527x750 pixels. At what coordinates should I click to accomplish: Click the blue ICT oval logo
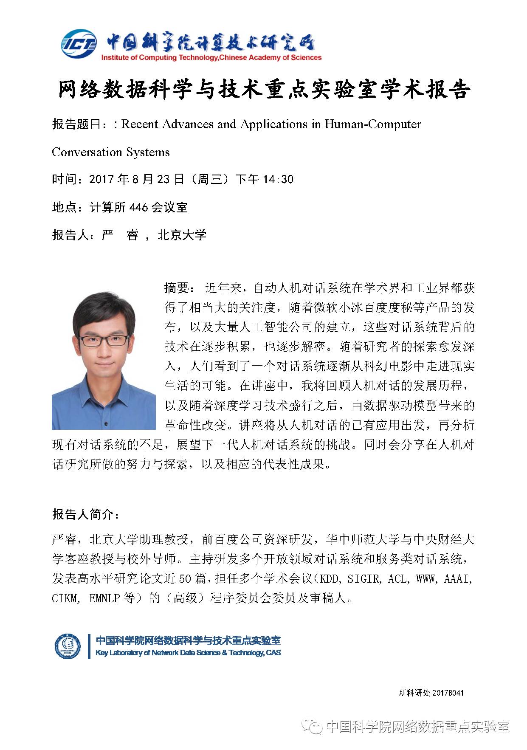(79, 44)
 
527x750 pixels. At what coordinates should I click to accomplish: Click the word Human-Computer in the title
(373, 124)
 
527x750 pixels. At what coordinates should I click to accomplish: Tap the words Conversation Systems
(111, 152)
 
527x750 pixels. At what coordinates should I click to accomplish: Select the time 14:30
(278, 179)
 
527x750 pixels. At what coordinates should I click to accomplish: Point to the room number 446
(138, 207)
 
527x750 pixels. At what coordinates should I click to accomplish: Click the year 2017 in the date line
(101, 179)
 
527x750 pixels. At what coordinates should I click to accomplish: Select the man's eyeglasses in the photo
(104, 340)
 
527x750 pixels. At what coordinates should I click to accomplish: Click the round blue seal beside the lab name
(68, 646)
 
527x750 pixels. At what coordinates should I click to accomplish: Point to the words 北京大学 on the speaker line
(182, 235)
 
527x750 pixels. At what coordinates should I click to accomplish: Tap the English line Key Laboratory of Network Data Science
(188, 653)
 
